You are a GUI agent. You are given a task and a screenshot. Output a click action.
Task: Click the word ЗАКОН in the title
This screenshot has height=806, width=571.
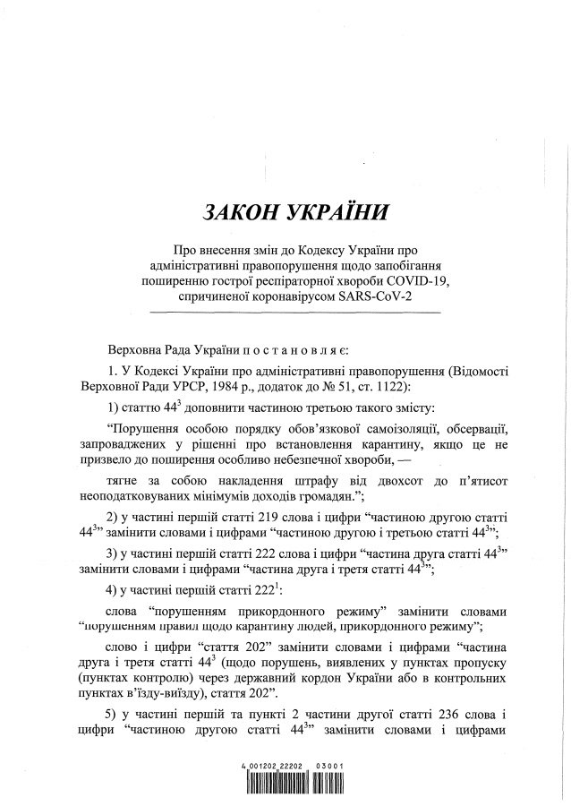[x=241, y=214]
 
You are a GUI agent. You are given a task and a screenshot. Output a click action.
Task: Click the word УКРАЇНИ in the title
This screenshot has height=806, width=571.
[x=328, y=214]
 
